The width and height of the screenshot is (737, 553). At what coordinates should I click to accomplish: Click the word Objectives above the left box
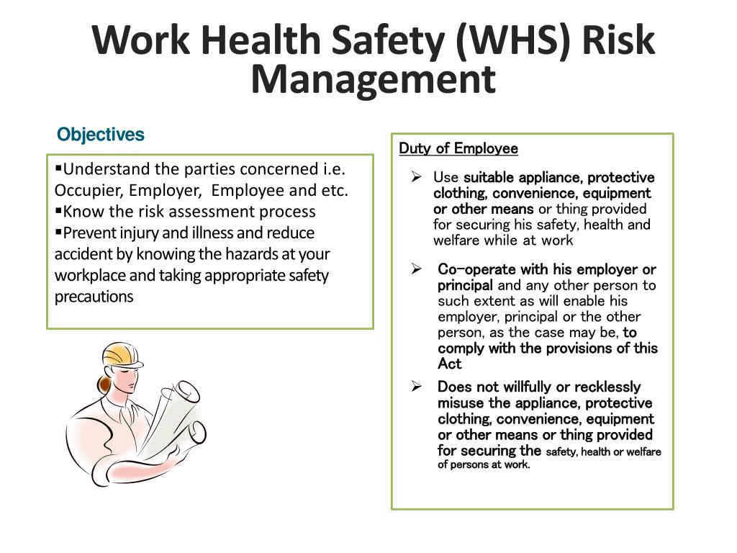[x=101, y=135]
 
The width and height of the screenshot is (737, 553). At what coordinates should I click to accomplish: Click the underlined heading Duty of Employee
[x=458, y=148]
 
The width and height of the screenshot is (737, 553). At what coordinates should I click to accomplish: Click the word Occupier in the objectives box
[x=88, y=191]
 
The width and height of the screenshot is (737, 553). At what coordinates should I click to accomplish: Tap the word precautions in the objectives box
[x=94, y=297]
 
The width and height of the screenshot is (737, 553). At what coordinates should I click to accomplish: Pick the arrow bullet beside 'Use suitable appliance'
[x=416, y=177]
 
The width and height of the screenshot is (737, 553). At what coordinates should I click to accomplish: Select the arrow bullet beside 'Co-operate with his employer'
[x=416, y=269]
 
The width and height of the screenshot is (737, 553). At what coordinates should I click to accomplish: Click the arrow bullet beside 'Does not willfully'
[x=416, y=387]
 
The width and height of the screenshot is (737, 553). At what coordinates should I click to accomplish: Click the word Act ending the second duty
[x=449, y=364]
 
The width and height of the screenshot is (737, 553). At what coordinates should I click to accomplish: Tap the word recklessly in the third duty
[x=607, y=387]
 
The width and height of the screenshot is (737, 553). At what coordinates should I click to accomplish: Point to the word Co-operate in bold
[x=466, y=269]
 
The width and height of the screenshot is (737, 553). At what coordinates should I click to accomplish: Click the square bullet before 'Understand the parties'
[x=58, y=168]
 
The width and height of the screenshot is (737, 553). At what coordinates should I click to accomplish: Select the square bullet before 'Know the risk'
[x=58, y=211]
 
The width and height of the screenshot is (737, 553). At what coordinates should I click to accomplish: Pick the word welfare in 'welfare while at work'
[x=457, y=240]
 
